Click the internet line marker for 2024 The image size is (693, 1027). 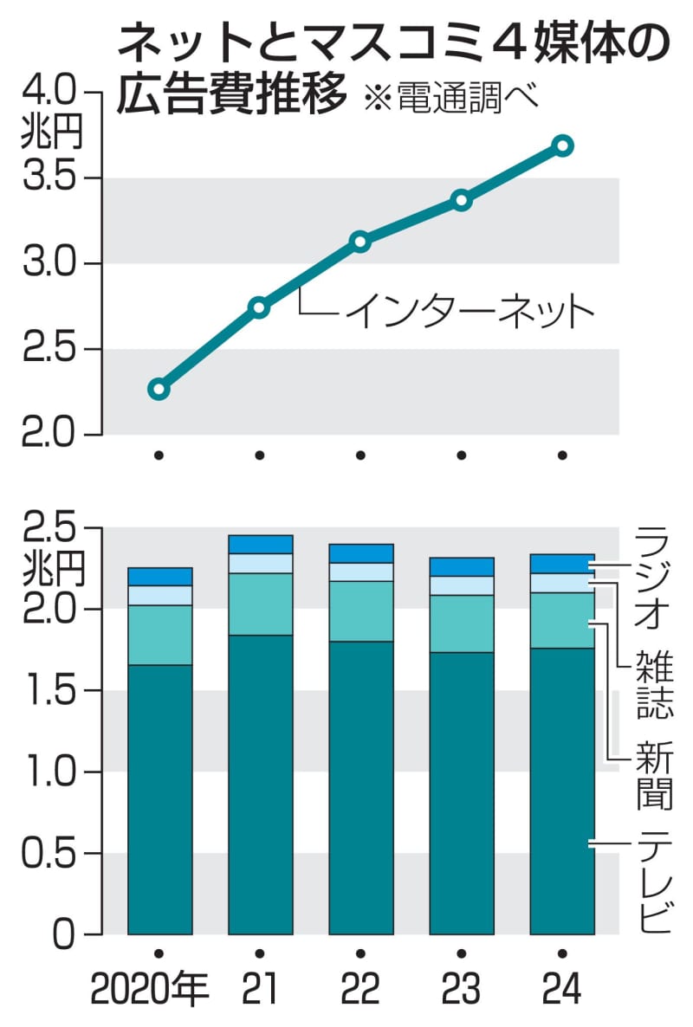(562, 145)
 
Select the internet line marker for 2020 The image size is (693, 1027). (159, 388)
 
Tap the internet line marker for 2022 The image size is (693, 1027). (360, 242)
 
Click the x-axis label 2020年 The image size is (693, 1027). (148, 988)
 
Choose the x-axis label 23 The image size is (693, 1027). (461, 988)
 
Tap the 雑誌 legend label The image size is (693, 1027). (654, 684)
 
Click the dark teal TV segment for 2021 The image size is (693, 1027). (260, 784)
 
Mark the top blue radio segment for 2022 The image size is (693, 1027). (360, 553)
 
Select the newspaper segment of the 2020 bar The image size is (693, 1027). (159, 635)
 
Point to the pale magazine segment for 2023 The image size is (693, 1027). (461, 585)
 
